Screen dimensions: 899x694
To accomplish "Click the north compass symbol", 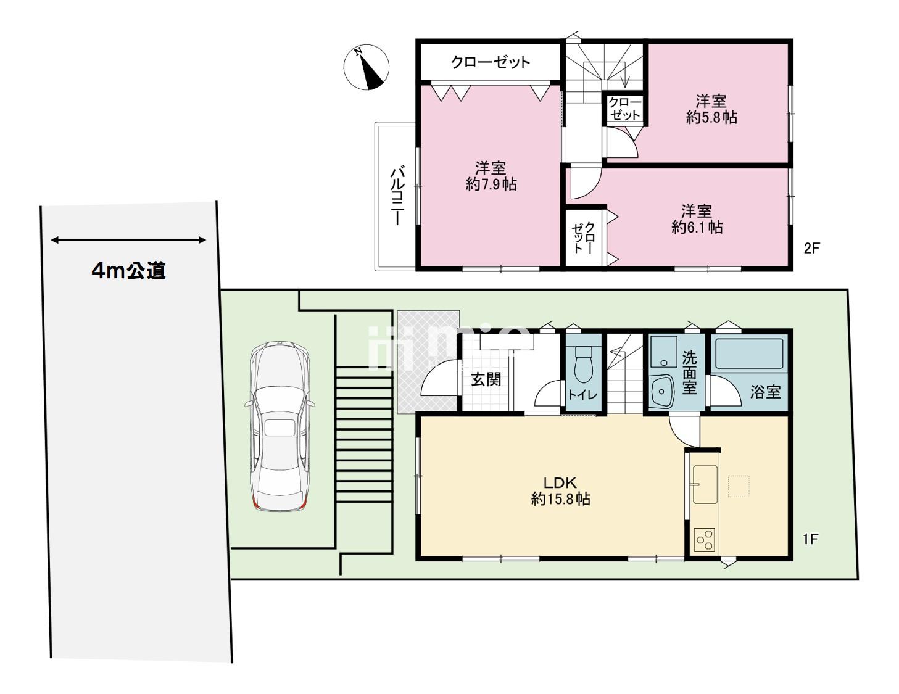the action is pyautogui.click(x=366, y=67).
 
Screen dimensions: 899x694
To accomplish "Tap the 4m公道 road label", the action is pyautogui.click(x=129, y=271).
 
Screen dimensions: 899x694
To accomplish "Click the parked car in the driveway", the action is pyautogui.click(x=280, y=426).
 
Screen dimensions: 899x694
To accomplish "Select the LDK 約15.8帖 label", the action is pyautogui.click(x=560, y=491).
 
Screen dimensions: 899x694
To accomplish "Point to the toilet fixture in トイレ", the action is pyautogui.click(x=584, y=365).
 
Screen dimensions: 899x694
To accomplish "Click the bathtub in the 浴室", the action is pyautogui.click(x=749, y=353).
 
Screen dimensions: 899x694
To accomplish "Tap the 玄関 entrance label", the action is pyautogui.click(x=486, y=379).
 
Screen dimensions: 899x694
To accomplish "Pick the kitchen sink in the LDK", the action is pyautogui.click(x=705, y=484).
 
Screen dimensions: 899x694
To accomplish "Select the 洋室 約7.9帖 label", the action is pyautogui.click(x=491, y=176).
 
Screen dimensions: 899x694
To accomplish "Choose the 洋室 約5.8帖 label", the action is pyautogui.click(x=711, y=110).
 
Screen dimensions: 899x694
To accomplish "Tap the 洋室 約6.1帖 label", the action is pyautogui.click(x=697, y=219).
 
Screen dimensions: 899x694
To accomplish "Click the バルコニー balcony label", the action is pyautogui.click(x=397, y=196).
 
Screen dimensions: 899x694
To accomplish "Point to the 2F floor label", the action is pyautogui.click(x=811, y=248).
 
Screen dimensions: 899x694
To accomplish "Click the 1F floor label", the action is pyautogui.click(x=811, y=539).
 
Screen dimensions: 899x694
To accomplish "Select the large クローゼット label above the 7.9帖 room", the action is pyautogui.click(x=491, y=62).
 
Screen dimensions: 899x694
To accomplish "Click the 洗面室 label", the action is pyautogui.click(x=689, y=373).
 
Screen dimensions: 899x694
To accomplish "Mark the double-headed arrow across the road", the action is pyautogui.click(x=128, y=240).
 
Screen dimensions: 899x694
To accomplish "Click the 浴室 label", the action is pyautogui.click(x=765, y=392).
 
